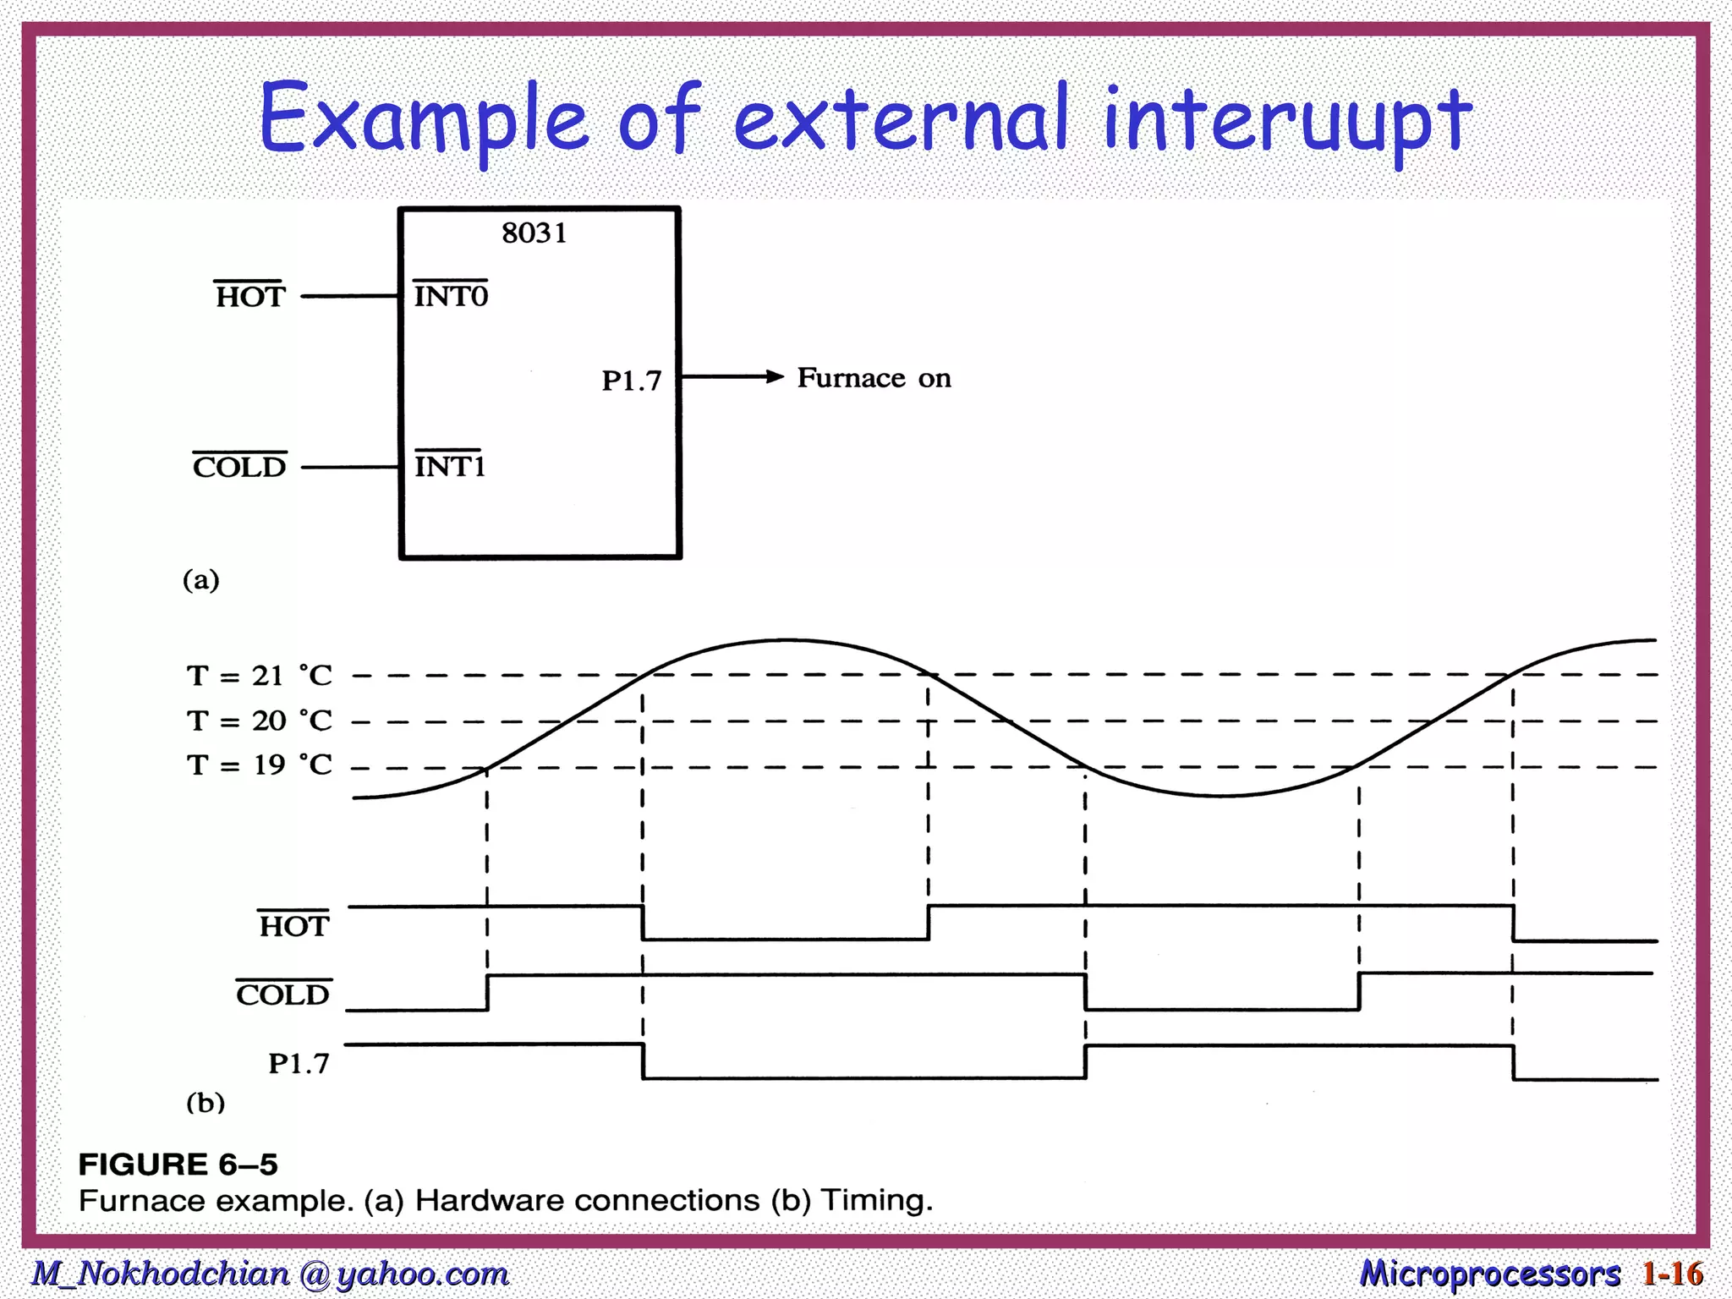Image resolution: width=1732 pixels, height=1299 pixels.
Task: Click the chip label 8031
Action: (534, 233)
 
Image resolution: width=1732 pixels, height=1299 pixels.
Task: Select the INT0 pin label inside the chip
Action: (451, 296)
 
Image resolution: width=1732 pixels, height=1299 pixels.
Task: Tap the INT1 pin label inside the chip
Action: (449, 466)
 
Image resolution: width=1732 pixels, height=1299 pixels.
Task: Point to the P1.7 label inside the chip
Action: (631, 381)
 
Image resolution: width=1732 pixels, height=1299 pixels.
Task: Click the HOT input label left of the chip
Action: (250, 297)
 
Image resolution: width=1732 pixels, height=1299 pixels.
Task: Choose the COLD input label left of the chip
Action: (239, 467)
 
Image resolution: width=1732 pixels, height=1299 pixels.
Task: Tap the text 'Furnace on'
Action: (874, 378)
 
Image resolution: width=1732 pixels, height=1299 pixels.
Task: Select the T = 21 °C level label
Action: (259, 676)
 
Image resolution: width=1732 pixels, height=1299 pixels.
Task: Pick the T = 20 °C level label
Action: (259, 721)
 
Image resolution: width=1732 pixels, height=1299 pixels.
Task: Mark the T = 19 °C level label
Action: (259, 765)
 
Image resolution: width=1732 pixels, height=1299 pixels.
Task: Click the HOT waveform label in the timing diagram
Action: (293, 926)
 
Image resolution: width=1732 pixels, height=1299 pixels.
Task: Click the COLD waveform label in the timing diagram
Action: (282, 995)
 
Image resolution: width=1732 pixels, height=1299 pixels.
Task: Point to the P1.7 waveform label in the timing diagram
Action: (299, 1064)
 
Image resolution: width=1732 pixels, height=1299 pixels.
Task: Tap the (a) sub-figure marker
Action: (201, 580)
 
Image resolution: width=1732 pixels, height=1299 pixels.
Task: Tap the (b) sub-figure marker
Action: (206, 1103)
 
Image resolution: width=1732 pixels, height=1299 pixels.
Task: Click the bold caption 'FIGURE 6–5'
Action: (178, 1165)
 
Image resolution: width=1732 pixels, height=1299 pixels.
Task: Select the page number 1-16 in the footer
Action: (1672, 1274)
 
